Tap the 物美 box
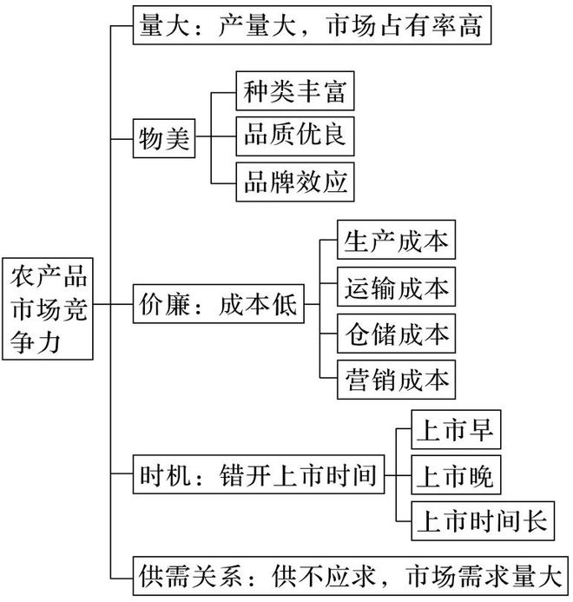point(164,138)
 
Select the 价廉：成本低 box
point(218,306)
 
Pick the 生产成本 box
point(396,242)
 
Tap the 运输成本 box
point(396,288)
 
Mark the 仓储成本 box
point(396,333)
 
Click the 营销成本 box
point(396,379)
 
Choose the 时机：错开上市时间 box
point(257,476)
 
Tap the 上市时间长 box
point(482,521)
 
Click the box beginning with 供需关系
point(352,574)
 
